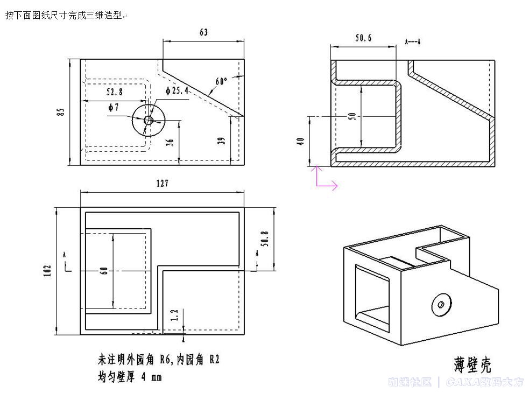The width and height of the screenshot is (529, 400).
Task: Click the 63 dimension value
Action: click(x=203, y=32)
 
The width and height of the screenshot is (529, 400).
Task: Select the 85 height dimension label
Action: click(x=61, y=112)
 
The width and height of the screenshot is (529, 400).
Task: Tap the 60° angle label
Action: click(x=221, y=81)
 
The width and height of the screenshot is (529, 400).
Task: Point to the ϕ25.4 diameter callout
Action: click(x=177, y=90)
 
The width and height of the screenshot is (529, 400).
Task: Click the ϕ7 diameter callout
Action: click(x=113, y=107)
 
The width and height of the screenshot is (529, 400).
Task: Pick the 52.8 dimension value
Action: click(x=114, y=92)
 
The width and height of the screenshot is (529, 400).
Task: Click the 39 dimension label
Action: click(x=221, y=141)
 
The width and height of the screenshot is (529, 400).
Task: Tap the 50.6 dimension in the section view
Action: click(x=363, y=38)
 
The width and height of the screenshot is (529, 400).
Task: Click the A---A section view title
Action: click(x=413, y=41)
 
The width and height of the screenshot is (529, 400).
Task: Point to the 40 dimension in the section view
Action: click(x=301, y=141)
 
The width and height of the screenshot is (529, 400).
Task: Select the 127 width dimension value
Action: click(x=162, y=184)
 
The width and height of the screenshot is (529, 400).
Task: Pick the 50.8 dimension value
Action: click(x=264, y=237)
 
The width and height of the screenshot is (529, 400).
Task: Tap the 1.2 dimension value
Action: click(x=174, y=315)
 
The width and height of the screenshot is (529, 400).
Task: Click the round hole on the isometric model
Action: click(x=441, y=305)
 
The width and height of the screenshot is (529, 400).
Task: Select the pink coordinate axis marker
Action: click(x=324, y=179)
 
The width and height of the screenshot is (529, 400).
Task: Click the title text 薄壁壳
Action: click(x=472, y=364)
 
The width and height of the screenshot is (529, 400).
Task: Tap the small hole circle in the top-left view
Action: click(x=149, y=120)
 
